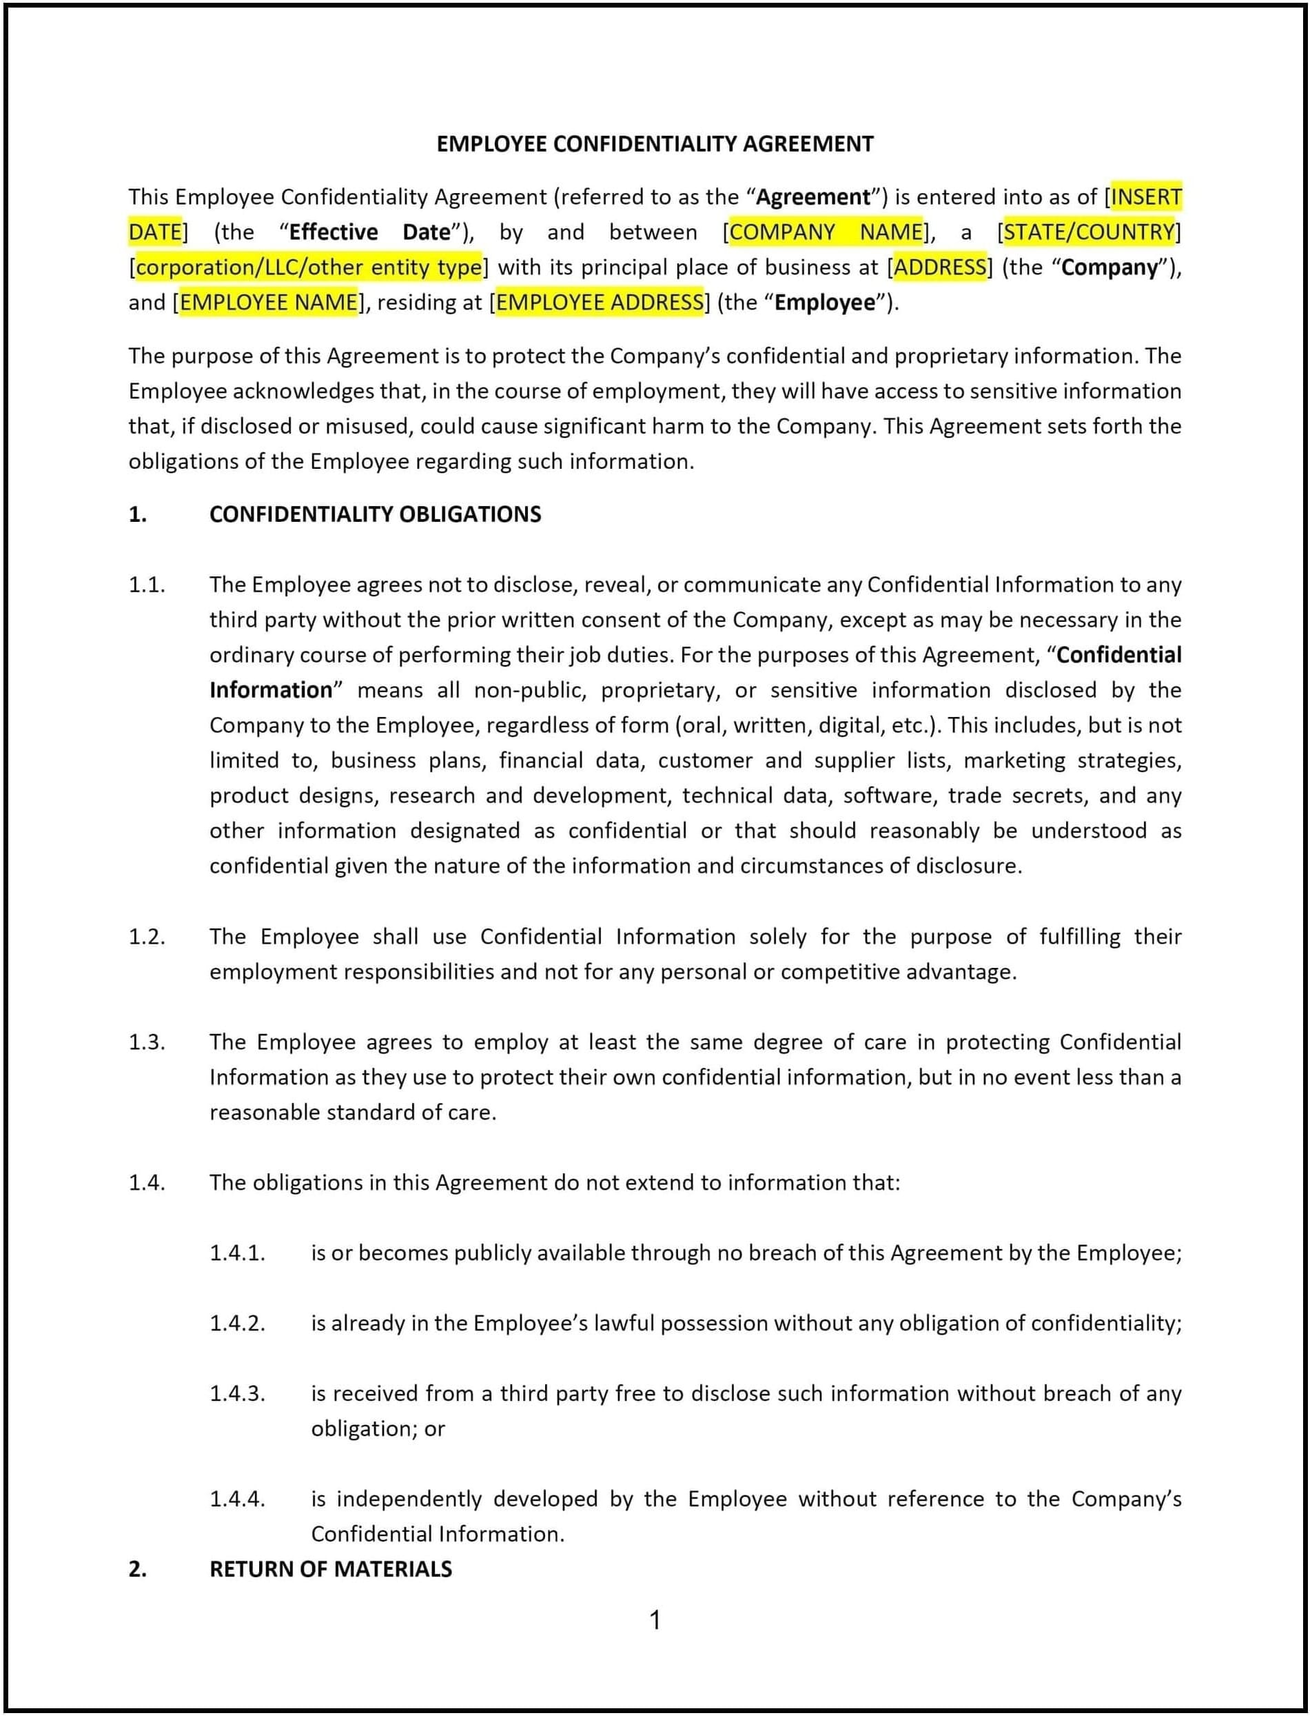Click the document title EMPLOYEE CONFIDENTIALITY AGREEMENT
[654, 143]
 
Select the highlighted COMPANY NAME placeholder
[826, 232]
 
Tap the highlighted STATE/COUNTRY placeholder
[1089, 232]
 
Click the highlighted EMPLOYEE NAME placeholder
[269, 302]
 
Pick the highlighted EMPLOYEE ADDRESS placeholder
[600, 302]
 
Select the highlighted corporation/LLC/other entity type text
[308, 267]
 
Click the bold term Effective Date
[369, 232]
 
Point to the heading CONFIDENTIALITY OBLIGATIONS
[375, 514]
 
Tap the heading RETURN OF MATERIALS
[331, 1568]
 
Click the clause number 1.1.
[147, 585]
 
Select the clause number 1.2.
[147, 936]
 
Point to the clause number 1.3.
[147, 1042]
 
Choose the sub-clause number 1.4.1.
[237, 1253]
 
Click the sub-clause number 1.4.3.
[237, 1393]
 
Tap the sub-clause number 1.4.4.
[237, 1499]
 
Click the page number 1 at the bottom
[655, 1620]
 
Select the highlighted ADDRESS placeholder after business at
[940, 267]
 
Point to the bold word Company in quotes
[1109, 267]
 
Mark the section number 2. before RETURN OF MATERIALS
[137, 1568]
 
